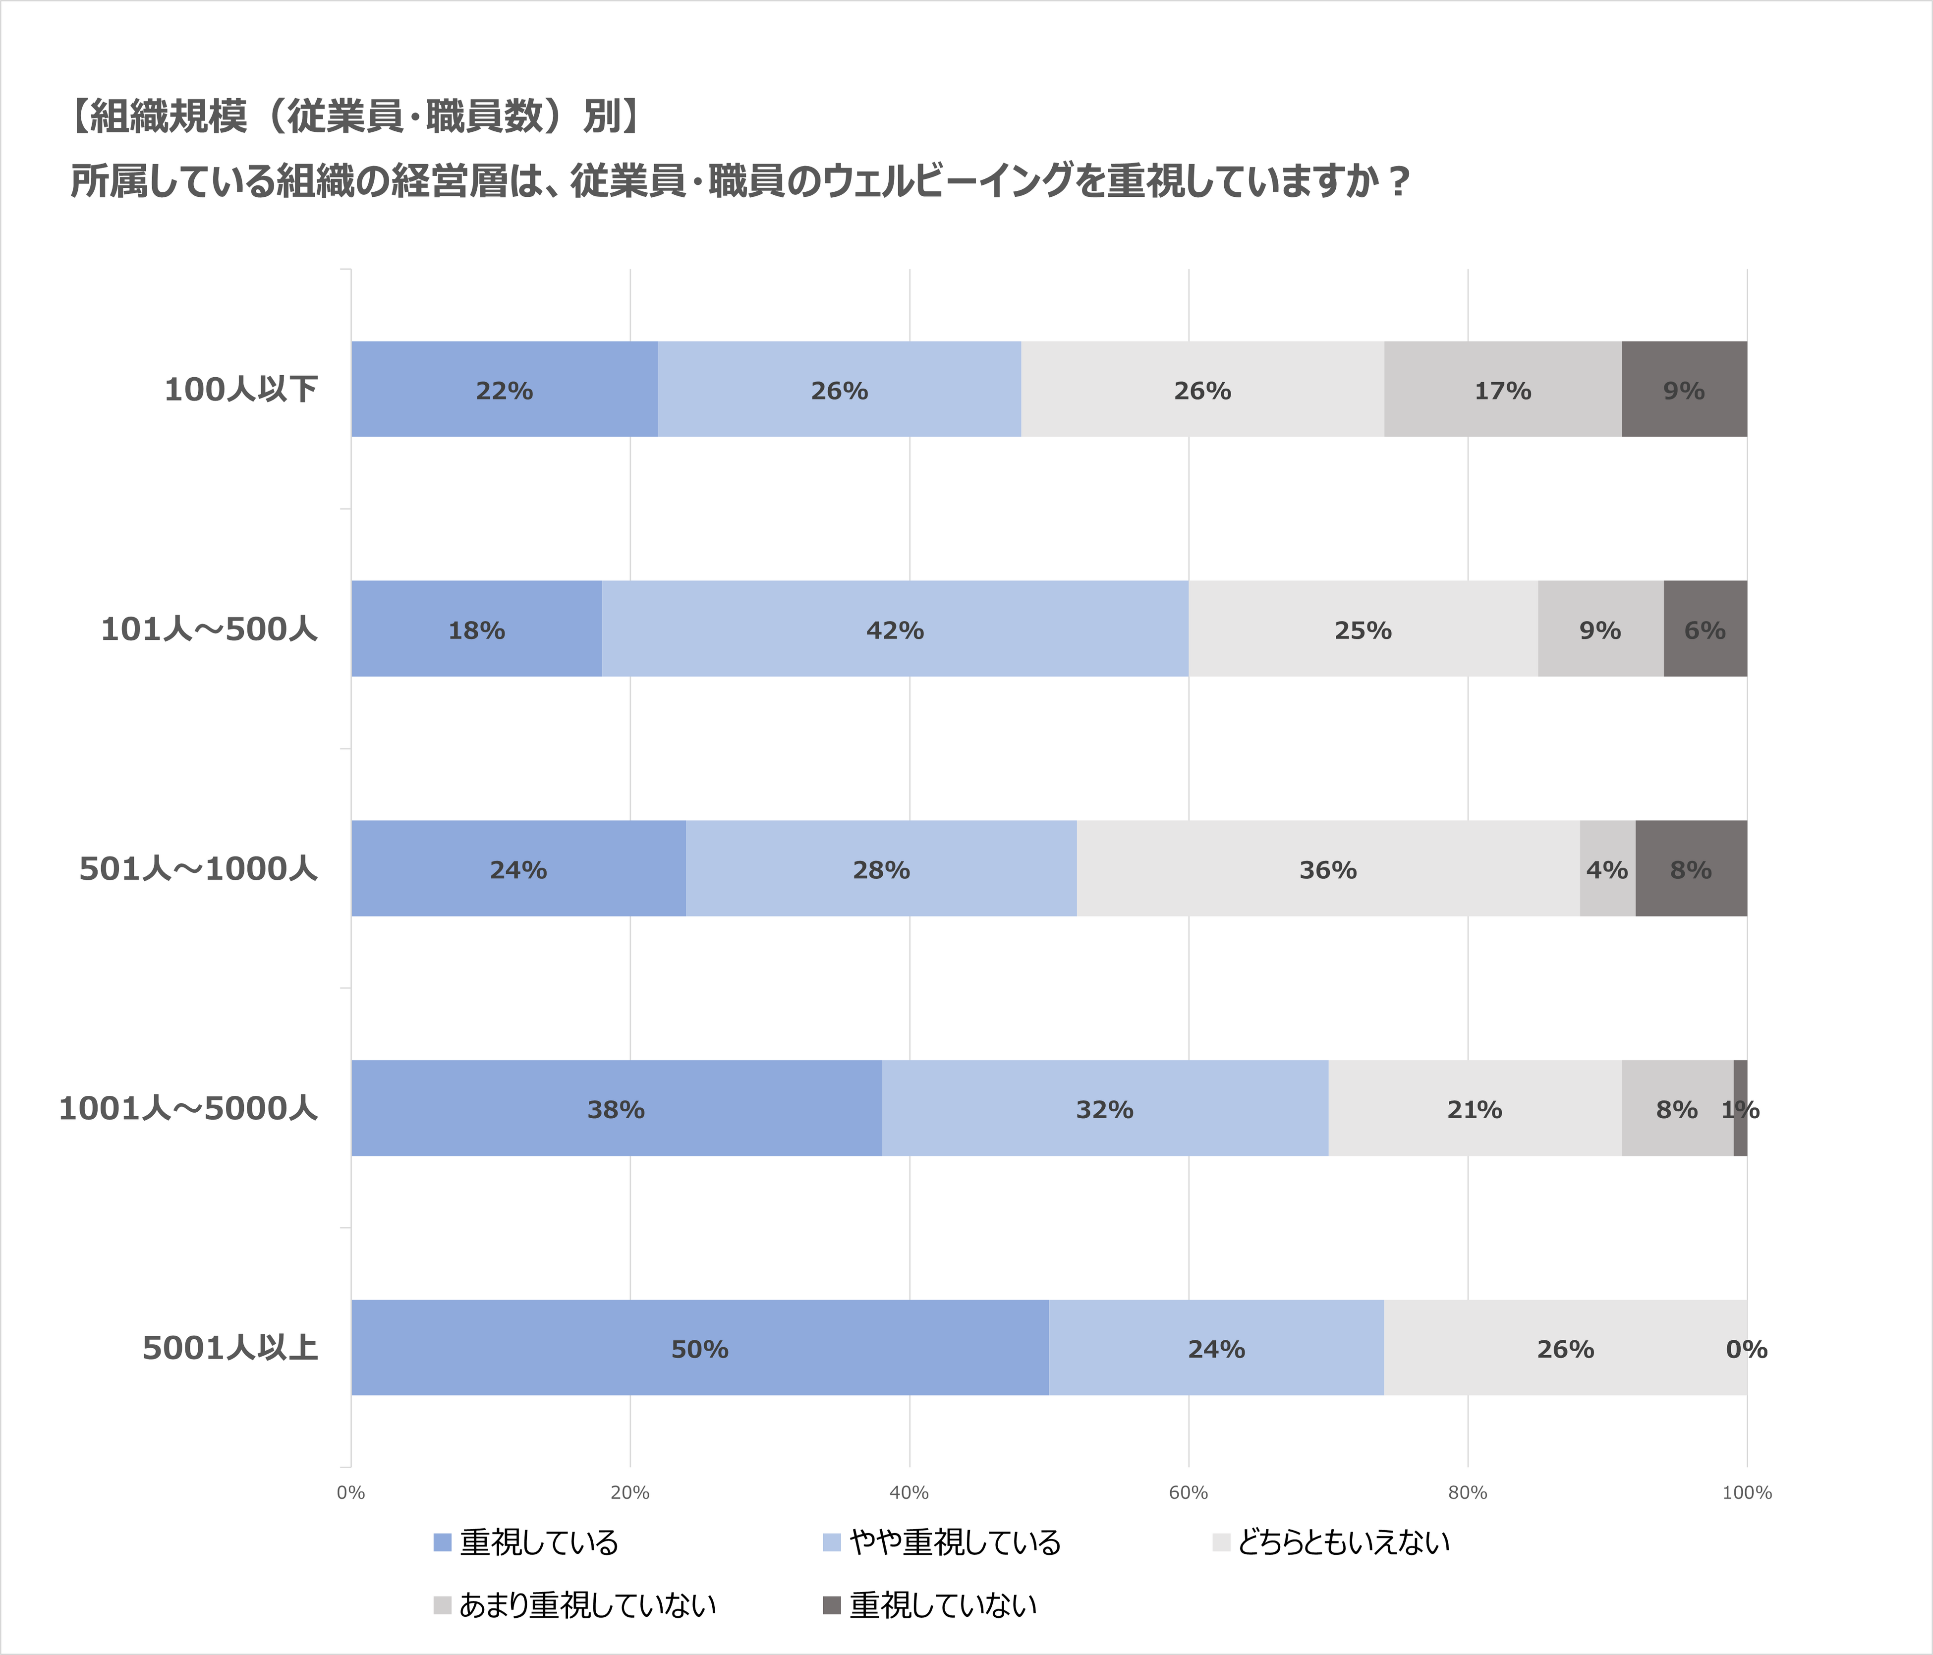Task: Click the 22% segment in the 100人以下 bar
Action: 504,389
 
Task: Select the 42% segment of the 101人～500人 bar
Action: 895,629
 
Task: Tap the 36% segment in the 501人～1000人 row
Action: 1327,868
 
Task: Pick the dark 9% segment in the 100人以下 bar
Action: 1684,389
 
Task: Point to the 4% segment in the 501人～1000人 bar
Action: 1606,868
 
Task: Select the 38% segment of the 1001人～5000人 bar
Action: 616,1108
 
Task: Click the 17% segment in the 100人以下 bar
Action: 1502,389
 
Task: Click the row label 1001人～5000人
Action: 188,1108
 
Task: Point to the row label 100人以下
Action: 241,389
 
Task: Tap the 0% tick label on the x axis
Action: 351,1492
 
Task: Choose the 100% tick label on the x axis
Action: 1747,1492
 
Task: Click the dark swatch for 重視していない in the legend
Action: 831,1604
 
